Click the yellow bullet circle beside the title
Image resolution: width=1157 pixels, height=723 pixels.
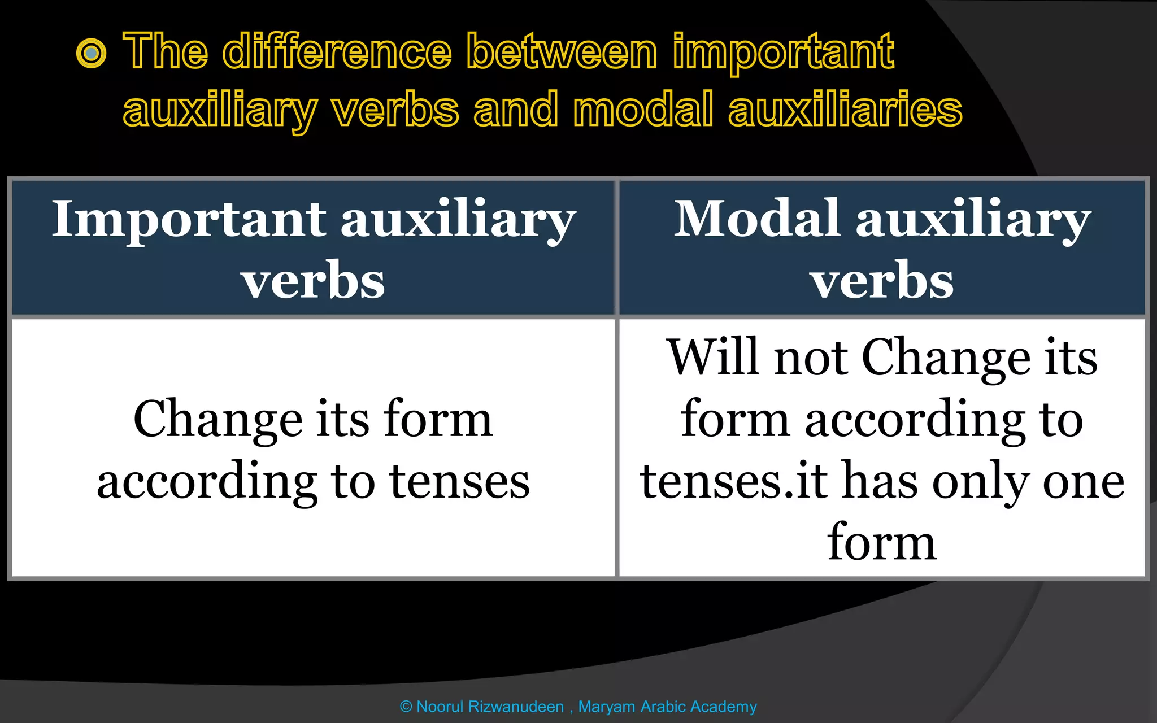tap(91, 54)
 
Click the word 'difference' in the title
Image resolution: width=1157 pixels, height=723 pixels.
tap(337, 52)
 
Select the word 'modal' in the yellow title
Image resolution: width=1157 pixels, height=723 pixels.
tap(643, 110)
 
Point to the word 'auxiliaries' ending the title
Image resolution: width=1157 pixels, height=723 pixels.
tap(845, 110)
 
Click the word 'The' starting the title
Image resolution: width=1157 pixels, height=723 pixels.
tap(166, 52)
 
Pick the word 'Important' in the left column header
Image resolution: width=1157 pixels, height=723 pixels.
tap(189, 221)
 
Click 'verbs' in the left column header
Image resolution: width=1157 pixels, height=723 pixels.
tap(313, 281)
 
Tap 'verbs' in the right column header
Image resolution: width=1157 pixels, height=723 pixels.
tap(882, 281)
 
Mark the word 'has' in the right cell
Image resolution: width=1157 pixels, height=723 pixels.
tap(880, 481)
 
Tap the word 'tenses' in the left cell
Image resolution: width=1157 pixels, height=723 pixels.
tap(460, 482)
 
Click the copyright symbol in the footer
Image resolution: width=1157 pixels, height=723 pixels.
tap(406, 707)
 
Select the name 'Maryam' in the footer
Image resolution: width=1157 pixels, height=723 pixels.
tap(607, 707)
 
